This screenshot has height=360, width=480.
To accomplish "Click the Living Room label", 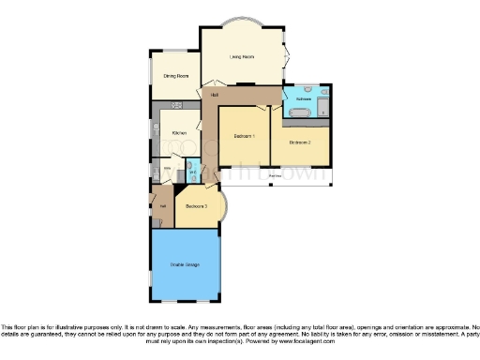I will coord(242,56).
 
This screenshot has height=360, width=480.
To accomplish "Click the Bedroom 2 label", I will coord(300,142).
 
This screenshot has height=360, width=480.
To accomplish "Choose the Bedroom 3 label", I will coord(197,205).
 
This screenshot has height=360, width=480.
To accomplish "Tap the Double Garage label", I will coord(184,265).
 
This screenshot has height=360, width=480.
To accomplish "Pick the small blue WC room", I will coord(191,172).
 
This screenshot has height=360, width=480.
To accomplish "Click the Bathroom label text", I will coord(303,98).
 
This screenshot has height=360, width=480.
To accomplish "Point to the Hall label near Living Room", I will coord(215,96).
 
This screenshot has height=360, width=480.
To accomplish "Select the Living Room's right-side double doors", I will coord(286,56).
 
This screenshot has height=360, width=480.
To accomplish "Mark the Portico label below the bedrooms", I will coord(275,175).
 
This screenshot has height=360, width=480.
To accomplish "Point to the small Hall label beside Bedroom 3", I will coord(161,205).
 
